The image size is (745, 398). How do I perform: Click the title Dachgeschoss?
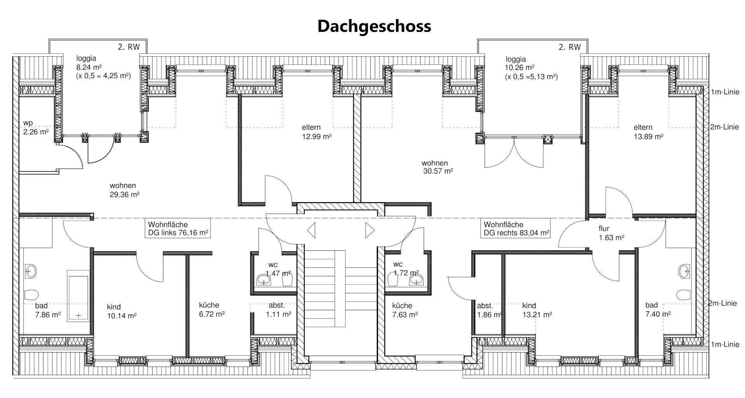click(x=374, y=26)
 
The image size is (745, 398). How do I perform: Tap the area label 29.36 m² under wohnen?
click(x=125, y=195)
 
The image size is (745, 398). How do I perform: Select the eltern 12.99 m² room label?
click(x=317, y=132)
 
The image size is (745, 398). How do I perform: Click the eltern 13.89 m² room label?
click(x=648, y=132)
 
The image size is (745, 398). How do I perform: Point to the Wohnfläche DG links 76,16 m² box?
click(x=178, y=229)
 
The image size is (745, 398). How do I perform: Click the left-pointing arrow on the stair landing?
click(x=311, y=230)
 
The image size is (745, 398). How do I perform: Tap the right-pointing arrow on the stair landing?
click(x=370, y=230)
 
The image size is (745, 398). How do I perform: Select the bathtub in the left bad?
click(x=78, y=296)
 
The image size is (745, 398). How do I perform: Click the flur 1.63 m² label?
click(x=611, y=233)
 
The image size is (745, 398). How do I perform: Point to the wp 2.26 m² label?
click(x=36, y=127)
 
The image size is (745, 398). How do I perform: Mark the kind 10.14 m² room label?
click(x=121, y=311)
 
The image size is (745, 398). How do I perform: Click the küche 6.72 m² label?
click(x=212, y=309)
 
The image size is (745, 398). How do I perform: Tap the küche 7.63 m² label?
click(x=405, y=310)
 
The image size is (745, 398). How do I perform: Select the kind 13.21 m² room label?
click(x=537, y=310)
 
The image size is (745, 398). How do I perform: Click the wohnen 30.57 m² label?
click(x=437, y=167)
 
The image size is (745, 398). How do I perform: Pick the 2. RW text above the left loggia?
click(x=128, y=47)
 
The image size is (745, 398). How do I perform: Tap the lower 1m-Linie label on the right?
click(x=725, y=344)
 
